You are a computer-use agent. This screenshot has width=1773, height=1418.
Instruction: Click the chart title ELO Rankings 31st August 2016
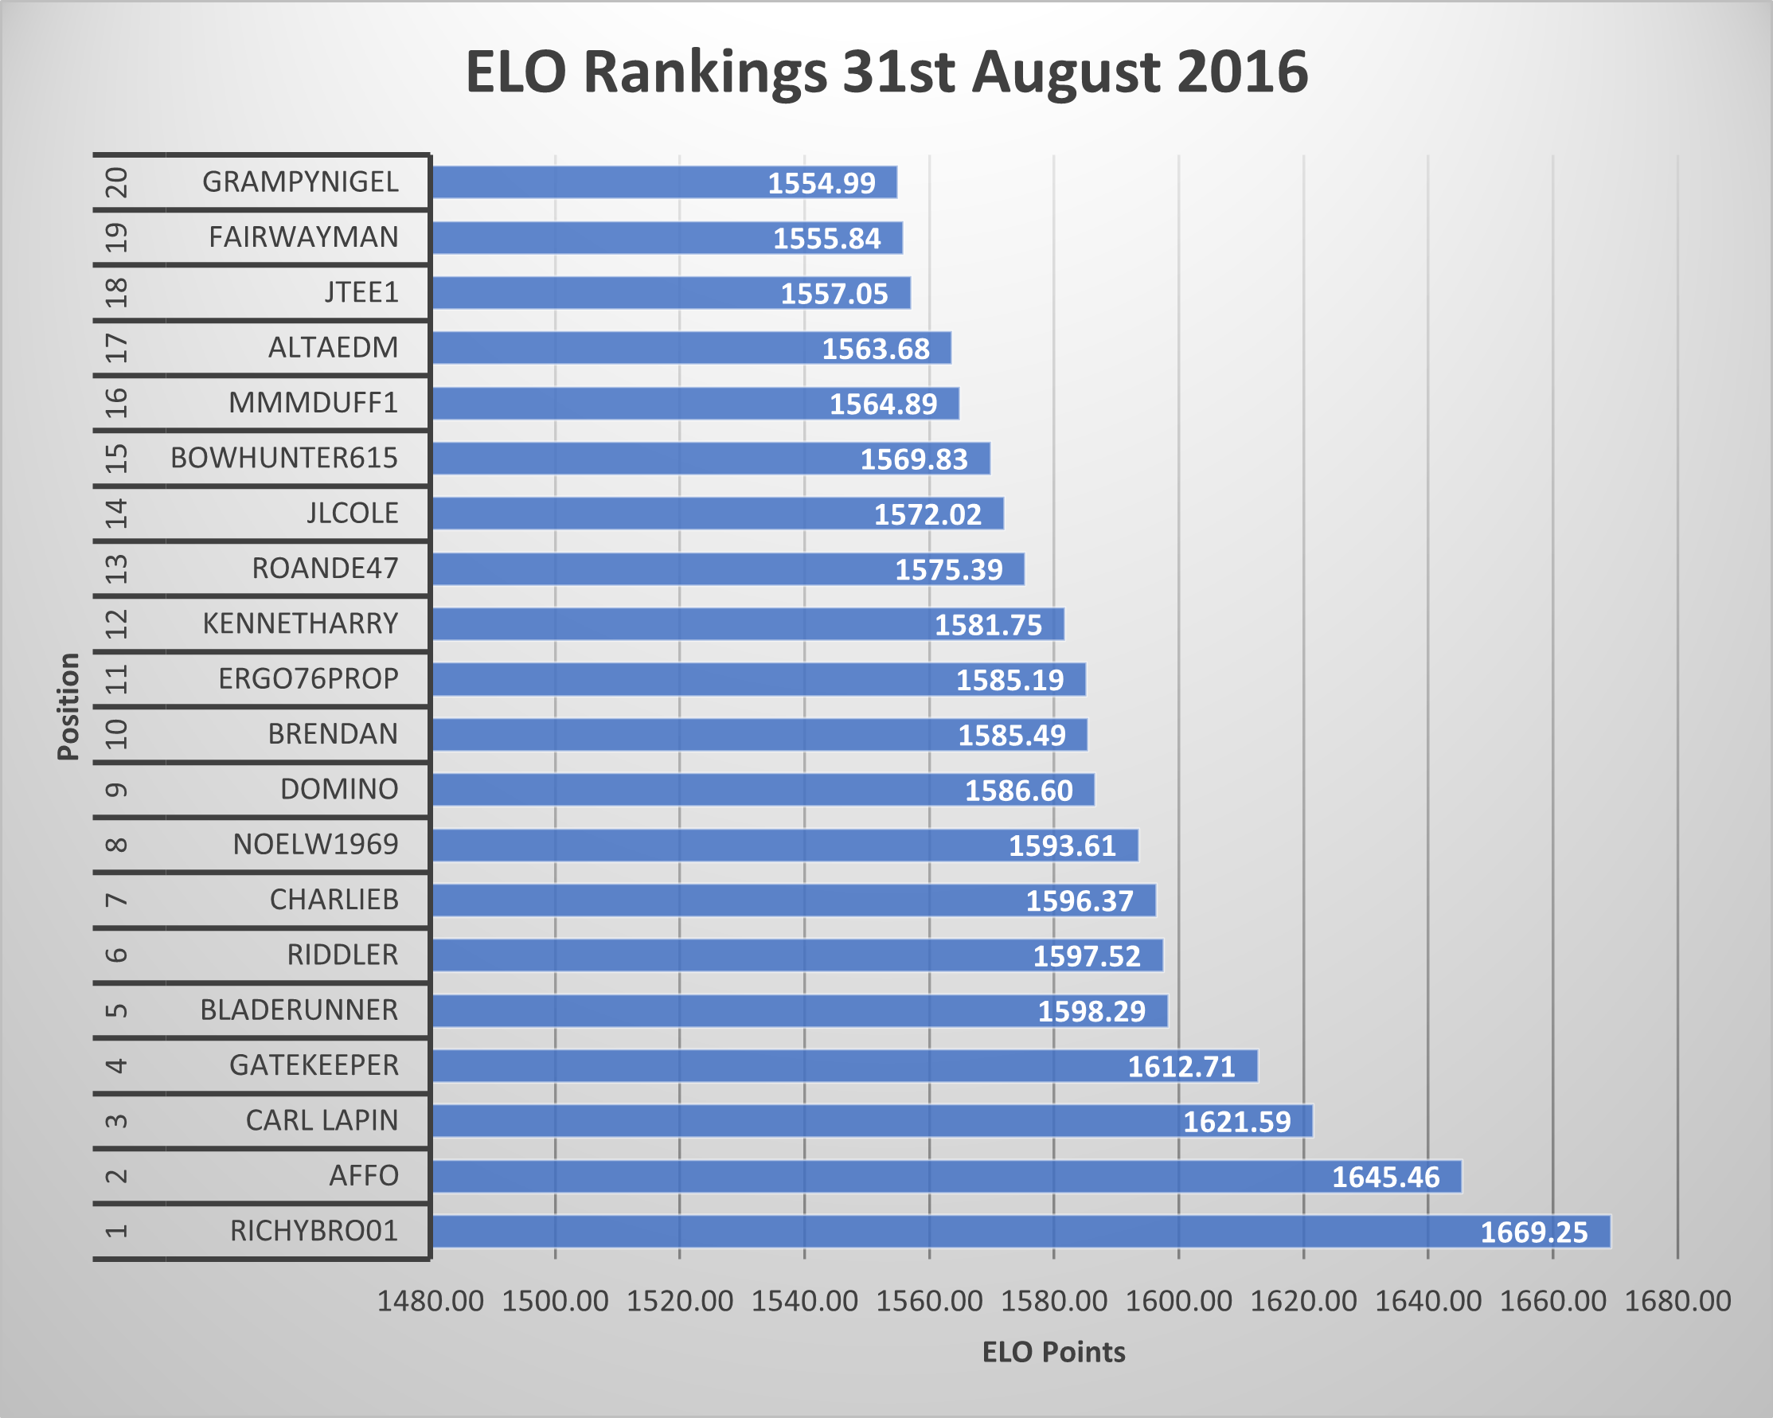point(887,72)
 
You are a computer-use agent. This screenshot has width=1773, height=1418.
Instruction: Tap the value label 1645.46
point(1385,1177)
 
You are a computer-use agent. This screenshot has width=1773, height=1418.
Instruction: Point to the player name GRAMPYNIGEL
point(300,182)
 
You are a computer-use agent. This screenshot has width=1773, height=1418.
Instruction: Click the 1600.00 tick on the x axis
point(1178,1301)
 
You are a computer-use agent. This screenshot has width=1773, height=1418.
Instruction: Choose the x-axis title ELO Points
point(1053,1352)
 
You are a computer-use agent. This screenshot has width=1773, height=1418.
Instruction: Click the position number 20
point(118,182)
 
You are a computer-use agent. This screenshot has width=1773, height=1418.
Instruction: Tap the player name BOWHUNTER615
point(283,458)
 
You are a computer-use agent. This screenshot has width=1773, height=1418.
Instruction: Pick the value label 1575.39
point(948,569)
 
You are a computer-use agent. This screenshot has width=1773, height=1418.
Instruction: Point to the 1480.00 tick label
point(430,1301)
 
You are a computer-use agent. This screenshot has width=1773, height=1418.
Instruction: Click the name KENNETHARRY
point(300,623)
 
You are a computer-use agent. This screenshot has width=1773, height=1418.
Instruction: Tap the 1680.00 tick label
point(1677,1301)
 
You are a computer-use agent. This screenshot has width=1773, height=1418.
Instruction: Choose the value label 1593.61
point(1062,846)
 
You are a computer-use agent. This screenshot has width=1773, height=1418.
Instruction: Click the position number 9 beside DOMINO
point(118,790)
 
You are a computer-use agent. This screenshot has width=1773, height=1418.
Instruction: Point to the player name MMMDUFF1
point(314,403)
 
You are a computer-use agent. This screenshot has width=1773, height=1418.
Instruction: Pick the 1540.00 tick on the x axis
point(804,1301)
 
